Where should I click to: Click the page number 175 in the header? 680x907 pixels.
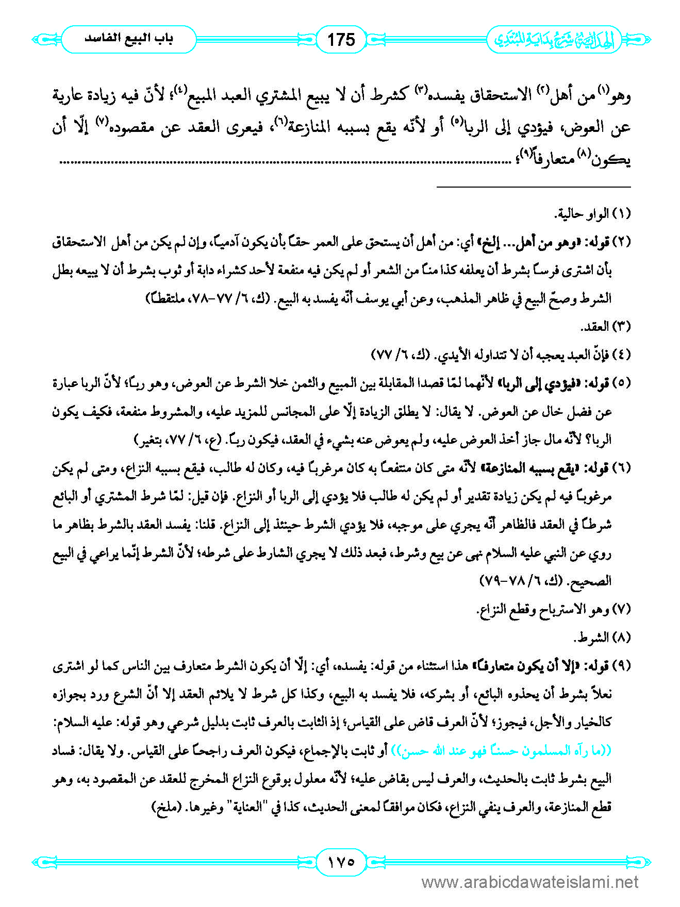[x=341, y=39]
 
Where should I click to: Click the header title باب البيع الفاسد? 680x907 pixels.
[x=129, y=39]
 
